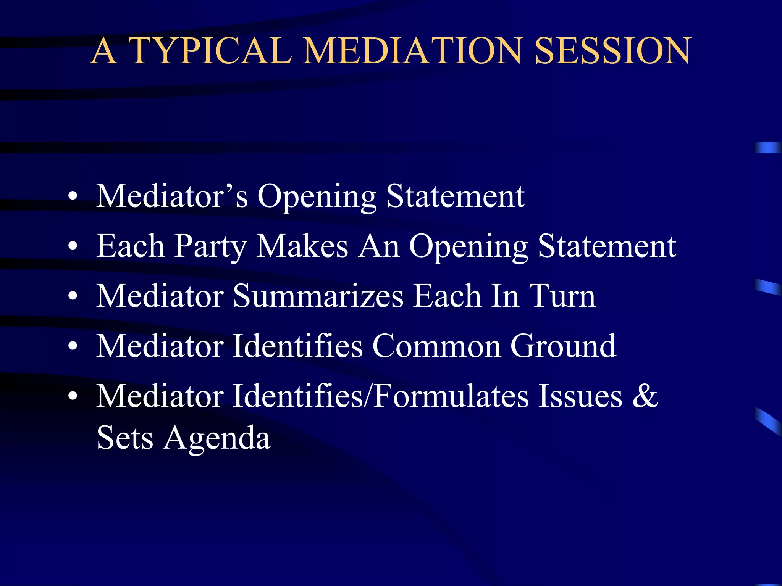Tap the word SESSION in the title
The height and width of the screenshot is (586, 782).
[x=612, y=51]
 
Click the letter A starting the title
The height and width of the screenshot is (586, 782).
[x=104, y=51]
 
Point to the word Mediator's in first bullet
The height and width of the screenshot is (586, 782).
[x=172, y=196]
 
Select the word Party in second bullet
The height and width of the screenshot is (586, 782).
[x=210, y=247]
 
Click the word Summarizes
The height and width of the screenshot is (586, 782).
[x=318, y=296]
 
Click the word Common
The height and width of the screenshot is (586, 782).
[x=436, y=346]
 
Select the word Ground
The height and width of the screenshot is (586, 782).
[x=563, y=346]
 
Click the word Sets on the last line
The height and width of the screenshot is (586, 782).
[x=125, y=438]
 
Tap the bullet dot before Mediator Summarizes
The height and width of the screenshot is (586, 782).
[x=73, y=296]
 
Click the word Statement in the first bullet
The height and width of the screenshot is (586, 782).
[x=455, y=196]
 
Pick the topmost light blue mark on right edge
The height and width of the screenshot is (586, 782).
[x=767, y=147]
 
